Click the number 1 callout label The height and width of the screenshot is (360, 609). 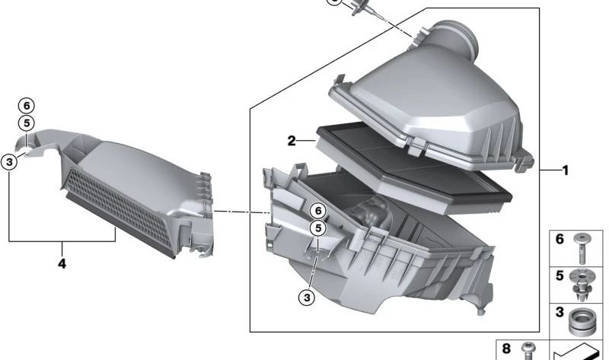[565, 171]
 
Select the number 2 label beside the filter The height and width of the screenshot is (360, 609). [292, 141]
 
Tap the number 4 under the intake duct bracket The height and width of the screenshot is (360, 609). [62, 263]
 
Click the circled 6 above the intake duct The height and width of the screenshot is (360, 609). [27, 106]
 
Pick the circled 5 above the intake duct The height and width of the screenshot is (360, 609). [27, 123]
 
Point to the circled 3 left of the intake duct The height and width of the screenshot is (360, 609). [9, 161]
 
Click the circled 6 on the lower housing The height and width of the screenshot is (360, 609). [317, 212]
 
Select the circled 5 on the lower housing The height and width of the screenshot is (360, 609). [317, 228]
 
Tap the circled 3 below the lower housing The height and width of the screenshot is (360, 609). [306, 298]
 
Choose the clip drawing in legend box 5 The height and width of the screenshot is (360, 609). [583, 280]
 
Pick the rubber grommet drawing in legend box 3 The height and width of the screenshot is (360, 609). [583, 320]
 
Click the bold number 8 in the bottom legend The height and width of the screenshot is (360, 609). [506, 348]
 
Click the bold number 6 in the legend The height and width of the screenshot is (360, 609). [560, 239]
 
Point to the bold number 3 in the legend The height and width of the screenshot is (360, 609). [560, 312]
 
